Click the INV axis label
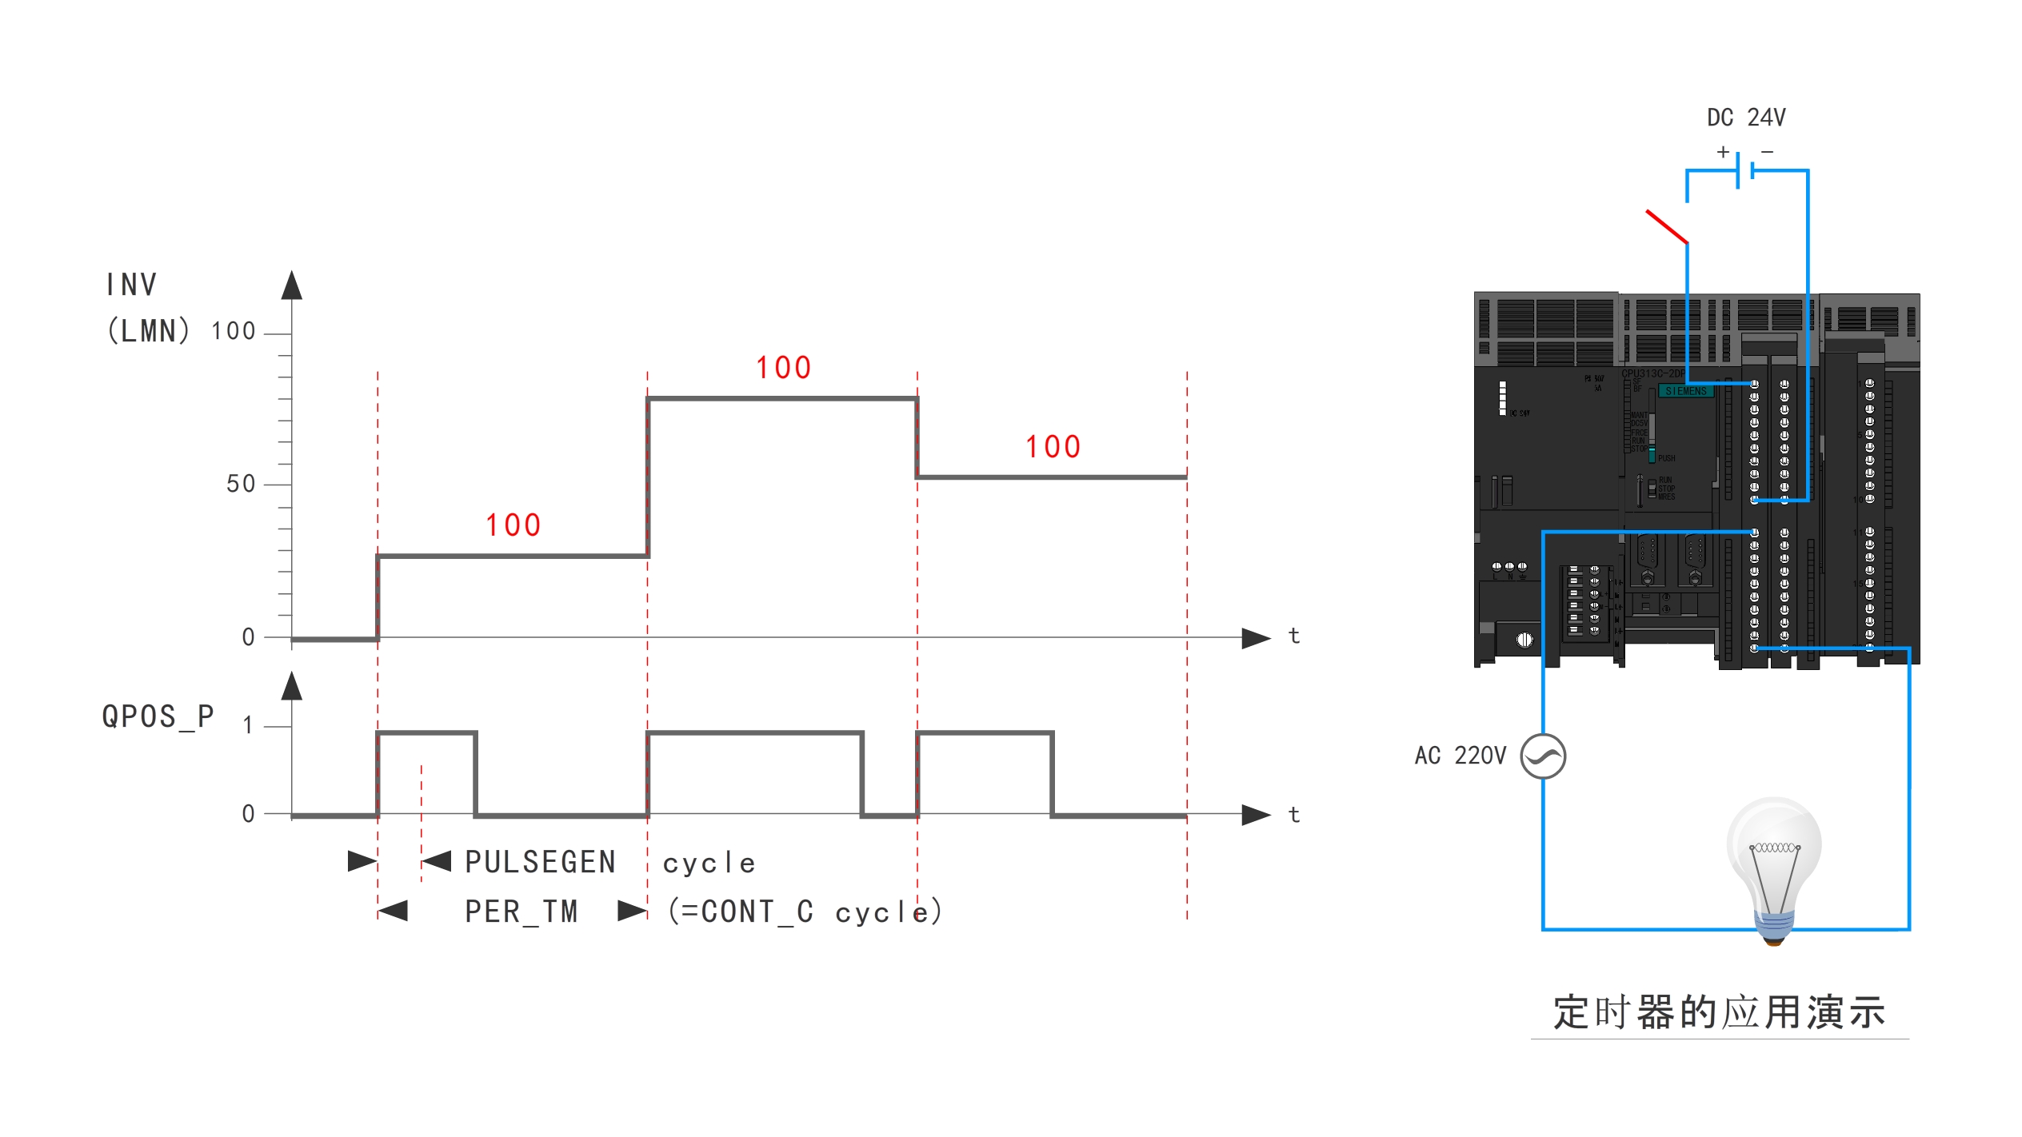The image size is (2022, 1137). coord(131,285)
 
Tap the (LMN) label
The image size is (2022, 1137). coord(149,331)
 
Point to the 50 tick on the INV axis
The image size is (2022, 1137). coord(241,484)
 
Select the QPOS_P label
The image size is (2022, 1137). coord(158,716)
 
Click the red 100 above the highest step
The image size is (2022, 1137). coord(784,368)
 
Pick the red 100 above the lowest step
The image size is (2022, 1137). coord(513,525)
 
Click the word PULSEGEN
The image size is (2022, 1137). coord(541,863)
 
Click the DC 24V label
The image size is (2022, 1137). coord(1746,118)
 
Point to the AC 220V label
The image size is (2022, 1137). coord(1460,756)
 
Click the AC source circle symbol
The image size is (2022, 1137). coord(1543,756)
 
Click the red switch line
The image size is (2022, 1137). coord(1667,227)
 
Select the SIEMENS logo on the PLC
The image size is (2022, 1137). coord(1686,391)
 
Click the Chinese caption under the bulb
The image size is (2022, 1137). coord(1720,1013)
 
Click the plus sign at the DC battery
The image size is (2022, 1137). coord(1724,152)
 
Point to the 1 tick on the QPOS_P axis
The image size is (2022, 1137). coord(248,726)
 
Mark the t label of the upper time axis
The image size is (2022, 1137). coord(1294,636)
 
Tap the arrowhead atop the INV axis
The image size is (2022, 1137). coord(292,285)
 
